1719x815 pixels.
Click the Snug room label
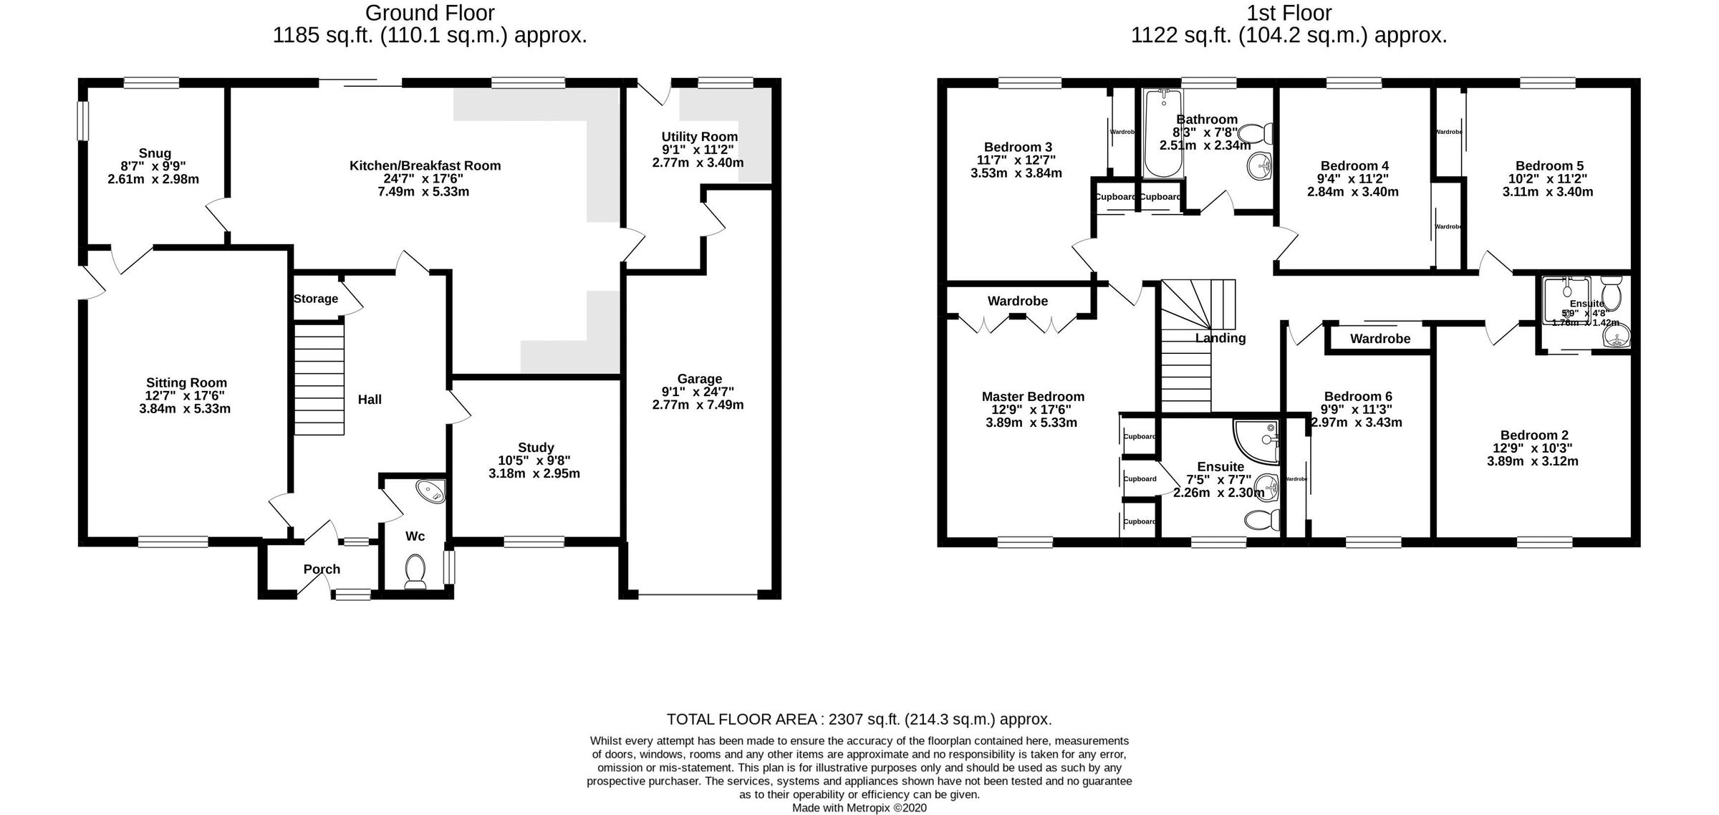155,153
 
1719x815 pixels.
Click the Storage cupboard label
315,299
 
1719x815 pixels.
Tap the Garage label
699,379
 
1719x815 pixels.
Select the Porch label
322,569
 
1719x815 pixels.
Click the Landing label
1220,338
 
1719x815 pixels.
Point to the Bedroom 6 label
1357,396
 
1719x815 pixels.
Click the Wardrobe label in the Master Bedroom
1017,301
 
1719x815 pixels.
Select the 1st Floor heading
1289,13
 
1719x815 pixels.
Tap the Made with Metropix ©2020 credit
859,808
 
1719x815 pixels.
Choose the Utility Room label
699,137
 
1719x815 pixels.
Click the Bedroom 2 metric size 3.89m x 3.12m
1532,461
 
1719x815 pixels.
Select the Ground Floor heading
430,13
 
